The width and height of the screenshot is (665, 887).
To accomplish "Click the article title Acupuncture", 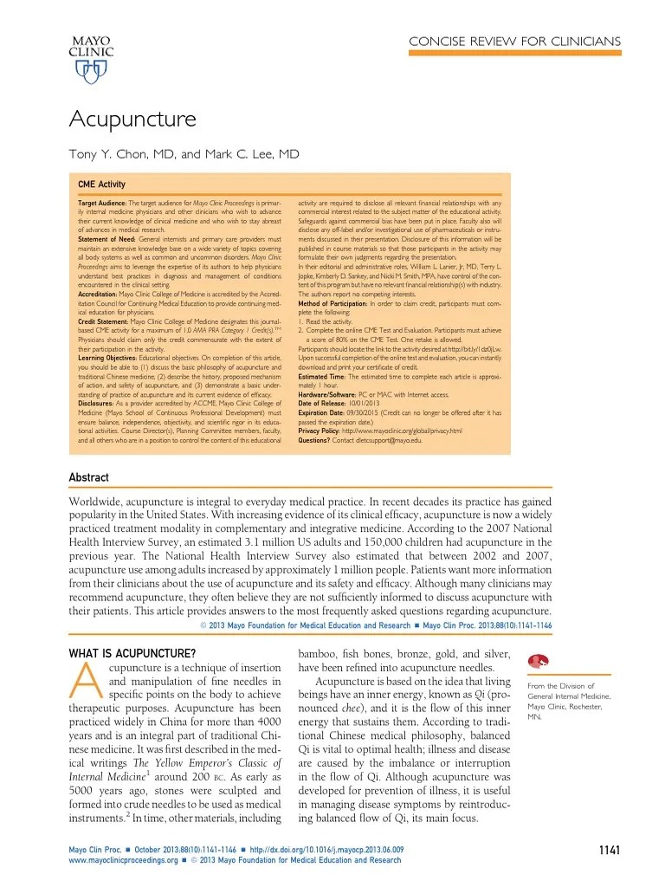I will pos(132,118).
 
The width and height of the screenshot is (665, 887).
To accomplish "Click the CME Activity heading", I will pos(101,185).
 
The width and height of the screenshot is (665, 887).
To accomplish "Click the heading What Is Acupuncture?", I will pos(132,651).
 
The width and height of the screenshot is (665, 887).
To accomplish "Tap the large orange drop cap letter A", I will pos(86,686).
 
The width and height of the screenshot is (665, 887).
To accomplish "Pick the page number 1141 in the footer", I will pos(610,851).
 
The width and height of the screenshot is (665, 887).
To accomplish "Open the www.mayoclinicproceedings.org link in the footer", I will pos(122,860).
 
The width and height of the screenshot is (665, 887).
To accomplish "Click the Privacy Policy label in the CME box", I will pos(319,431).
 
